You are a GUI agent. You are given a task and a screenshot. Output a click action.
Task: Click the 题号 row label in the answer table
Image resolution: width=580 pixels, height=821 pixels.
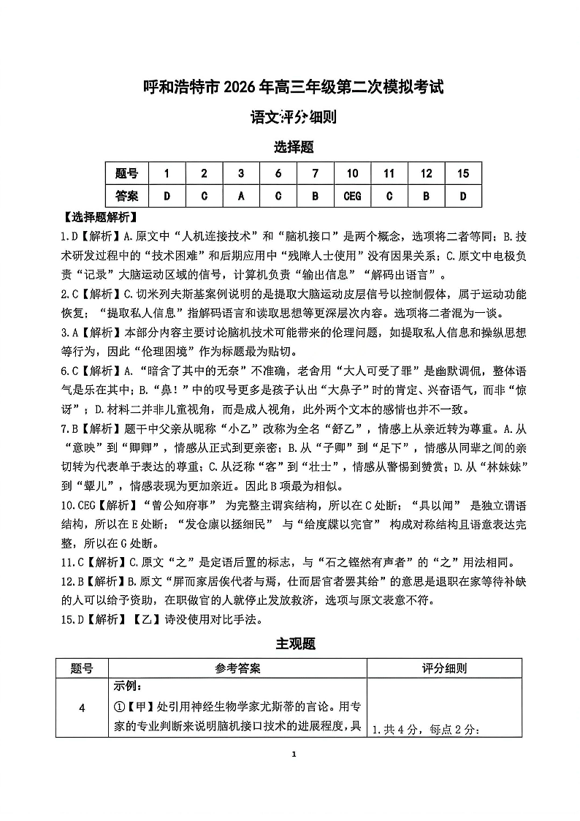126,173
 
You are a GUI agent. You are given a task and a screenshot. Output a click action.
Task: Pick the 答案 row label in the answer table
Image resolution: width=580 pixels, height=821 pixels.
126,195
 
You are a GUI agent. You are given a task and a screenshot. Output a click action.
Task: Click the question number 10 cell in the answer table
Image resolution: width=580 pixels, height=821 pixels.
352,173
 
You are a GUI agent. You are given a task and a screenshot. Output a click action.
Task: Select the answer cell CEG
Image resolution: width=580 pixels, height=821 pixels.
352,195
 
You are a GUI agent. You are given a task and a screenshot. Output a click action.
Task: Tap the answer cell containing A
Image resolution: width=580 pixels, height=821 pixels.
241,195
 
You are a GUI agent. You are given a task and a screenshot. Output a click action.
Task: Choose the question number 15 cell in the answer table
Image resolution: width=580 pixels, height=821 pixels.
463,173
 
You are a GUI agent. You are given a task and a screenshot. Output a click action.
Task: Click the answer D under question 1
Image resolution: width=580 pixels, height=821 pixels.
167,195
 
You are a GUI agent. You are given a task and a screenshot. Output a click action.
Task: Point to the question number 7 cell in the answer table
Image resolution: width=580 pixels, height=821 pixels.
315,173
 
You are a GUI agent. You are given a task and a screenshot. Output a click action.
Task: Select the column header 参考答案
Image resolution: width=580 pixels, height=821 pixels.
237,668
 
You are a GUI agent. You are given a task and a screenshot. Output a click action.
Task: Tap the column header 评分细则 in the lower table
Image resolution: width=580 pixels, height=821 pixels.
445,668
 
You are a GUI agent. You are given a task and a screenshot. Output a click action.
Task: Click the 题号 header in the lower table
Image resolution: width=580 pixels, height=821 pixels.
82,668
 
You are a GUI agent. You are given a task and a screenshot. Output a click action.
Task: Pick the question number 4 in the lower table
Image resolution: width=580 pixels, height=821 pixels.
82,708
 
